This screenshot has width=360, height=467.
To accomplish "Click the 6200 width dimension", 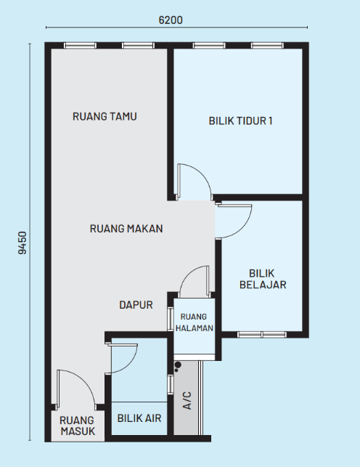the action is pos(171,20).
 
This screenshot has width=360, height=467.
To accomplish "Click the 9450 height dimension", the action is pos(22,243).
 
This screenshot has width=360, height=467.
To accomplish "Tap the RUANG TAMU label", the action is pos(105,116).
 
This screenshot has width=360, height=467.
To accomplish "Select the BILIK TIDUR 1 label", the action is pos(240,121).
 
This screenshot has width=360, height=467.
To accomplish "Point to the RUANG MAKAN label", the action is pos(126,229).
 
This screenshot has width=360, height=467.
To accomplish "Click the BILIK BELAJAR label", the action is pos(263,279).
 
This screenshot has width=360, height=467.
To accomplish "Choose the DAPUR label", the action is pos(136,305).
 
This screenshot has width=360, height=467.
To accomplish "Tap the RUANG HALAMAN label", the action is pos(195,322).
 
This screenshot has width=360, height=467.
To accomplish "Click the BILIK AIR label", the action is pos(139,418).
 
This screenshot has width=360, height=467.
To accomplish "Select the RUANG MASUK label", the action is pos(78,426).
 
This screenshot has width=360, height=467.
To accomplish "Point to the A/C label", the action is pos(187,401).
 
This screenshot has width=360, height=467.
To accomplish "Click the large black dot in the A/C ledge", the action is pos(178,365).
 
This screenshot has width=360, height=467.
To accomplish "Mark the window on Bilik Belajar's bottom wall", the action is pos(262,335).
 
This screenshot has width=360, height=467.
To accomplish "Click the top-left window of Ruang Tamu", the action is pos(81,46).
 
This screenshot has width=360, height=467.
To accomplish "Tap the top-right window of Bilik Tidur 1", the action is pos(268,46).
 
